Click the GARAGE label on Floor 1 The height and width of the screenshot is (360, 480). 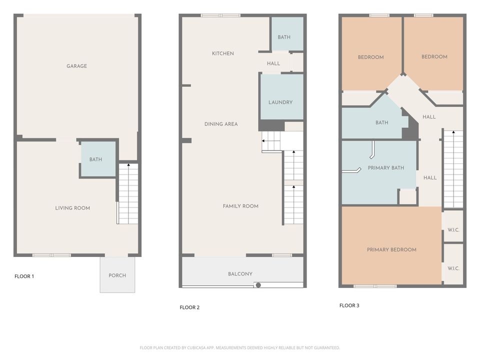[x=76, y=66]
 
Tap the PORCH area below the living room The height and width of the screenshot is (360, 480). [x=117, y=275]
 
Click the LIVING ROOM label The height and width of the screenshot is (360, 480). [x=72, y=208]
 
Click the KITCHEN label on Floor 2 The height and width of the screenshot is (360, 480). [x=222, y=53]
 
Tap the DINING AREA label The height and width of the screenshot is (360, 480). [x=220, y=124]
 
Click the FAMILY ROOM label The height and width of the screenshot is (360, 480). [x=240, y=206]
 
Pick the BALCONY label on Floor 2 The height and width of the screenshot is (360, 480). [x=240, y=274]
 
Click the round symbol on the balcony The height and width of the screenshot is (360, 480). [x=258, y=285]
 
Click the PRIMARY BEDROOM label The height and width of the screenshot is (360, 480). [x=391, y=249]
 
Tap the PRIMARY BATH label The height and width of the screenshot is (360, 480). [x=385, y=168]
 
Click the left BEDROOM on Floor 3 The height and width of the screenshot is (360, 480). [x=370, y=57]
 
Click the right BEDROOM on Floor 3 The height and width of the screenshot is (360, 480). [x=434, y=56]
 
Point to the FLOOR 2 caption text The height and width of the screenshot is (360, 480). [x=189, y=307]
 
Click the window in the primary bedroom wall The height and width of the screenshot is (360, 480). [x=375, y=286]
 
